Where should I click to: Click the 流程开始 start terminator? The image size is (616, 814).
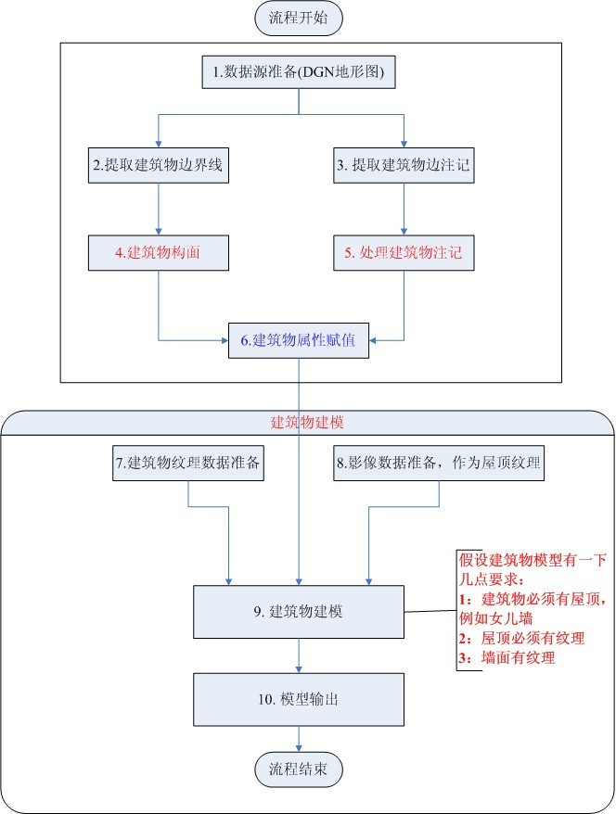coord(299,19)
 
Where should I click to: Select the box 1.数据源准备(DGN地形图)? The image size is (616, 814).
coord(298,70)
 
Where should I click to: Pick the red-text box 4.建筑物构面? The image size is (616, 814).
coord(160,253)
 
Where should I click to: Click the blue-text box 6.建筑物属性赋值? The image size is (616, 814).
coord(298,339)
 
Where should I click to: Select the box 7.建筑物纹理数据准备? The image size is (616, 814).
coord(189,464)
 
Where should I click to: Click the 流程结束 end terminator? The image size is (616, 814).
coord(299,769)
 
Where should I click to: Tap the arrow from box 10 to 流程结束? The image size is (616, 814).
coord(299,739)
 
